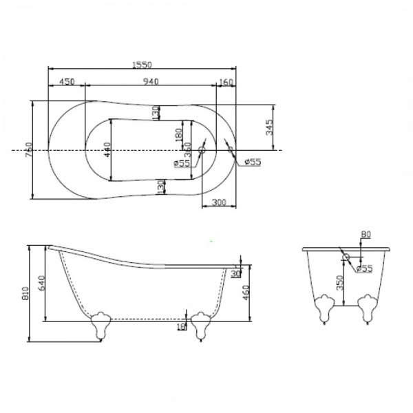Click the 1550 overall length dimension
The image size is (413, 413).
[142, 64]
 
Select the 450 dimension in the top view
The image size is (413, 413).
[67, 82]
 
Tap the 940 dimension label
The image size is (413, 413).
[151, 82]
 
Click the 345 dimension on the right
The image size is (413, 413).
[270, 127]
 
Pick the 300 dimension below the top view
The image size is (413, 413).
[219, 202]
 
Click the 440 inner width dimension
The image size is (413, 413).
[107, 151]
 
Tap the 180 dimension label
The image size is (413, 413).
[177, 134]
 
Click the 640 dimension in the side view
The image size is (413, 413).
[43, 283]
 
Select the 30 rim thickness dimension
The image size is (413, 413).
[237, 273]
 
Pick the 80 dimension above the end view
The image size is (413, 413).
[366, 235]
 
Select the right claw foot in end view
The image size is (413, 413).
[368, 306]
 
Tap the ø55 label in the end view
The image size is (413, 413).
[364, 268]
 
